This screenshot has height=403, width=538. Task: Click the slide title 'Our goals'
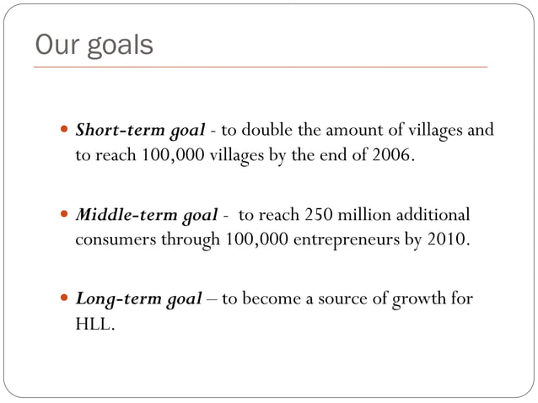[94, 44]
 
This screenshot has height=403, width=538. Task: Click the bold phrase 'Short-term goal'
[141, 131]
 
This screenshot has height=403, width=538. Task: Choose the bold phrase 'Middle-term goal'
[145, 214]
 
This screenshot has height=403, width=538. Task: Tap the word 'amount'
[348, 131]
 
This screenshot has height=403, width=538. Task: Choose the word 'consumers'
[112, 239]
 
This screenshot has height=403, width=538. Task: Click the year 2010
[446, 239]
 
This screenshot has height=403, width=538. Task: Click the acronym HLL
[94, 323]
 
